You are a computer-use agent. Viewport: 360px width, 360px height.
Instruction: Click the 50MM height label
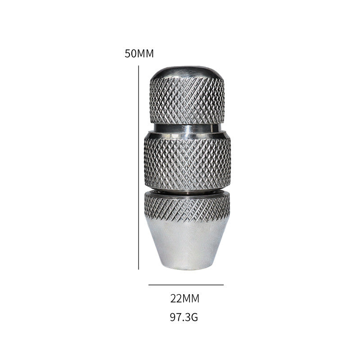coord(139,54)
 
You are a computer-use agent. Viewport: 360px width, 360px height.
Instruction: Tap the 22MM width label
coord(185,299)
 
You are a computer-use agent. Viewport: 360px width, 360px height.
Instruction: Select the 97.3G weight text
coord(184,317)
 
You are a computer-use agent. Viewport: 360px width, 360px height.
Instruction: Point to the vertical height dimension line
coord(139,167)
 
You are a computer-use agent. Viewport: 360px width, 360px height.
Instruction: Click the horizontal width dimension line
coord(186,285)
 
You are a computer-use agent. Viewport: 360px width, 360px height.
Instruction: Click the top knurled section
coord(187,101)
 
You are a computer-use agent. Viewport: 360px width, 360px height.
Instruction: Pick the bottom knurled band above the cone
coord(187,207)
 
